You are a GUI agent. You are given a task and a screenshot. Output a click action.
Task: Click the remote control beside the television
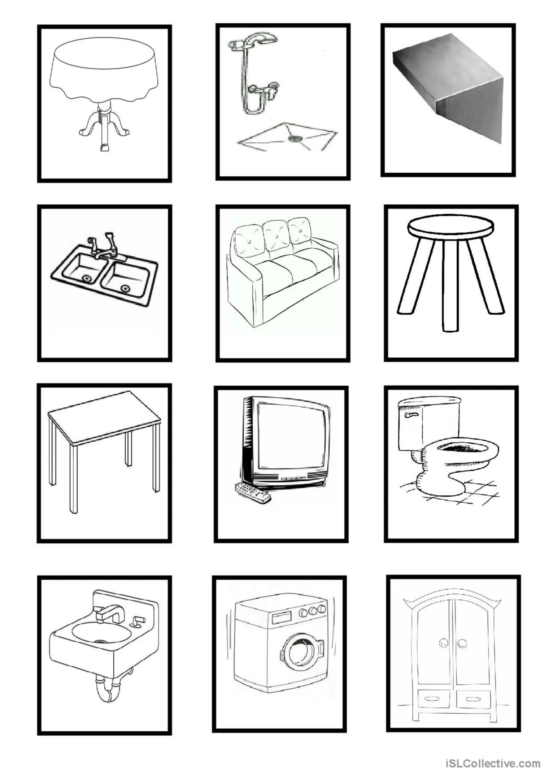point(253,492)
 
